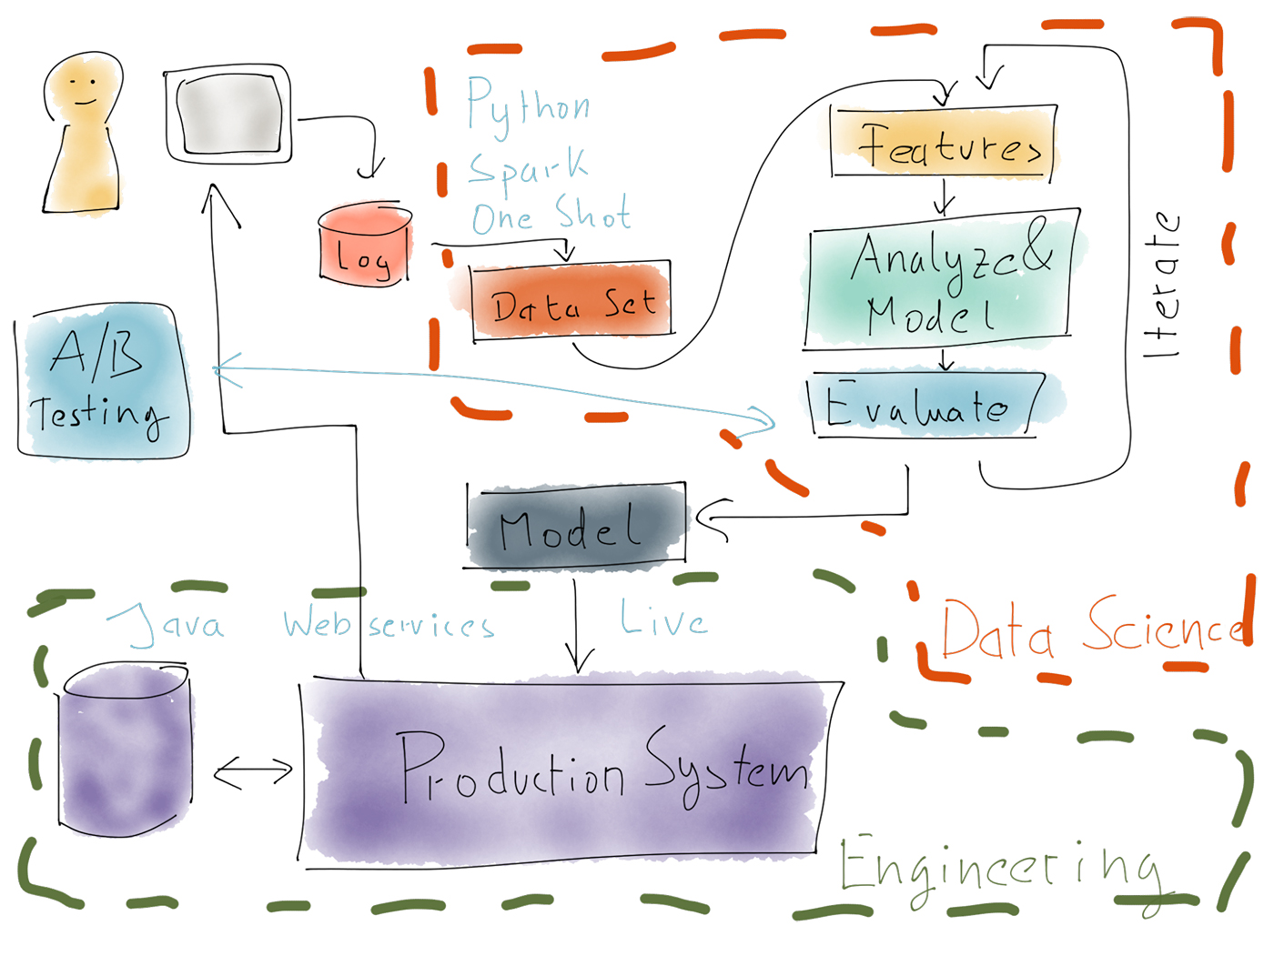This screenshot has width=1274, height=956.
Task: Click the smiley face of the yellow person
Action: pyautogui.click(x=85, y=89)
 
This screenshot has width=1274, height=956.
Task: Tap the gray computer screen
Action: pyautogui.click(x=229, y=115)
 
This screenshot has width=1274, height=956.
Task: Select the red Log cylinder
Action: pyautogui.click(x=365, y=247)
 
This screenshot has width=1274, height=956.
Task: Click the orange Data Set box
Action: pyautogui.click(x=571, y=303)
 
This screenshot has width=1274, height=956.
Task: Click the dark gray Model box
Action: pyautogui.click(x=574, y=528)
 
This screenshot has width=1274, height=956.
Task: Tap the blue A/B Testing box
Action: pyautogui.click(x=103, y=382)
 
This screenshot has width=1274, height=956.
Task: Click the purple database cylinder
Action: pyautogui.click(x=125, y=750)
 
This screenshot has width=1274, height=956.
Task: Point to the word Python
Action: pyautogui.click(x=528, y=107)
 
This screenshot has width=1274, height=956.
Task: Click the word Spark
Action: pyautogui.click(x=528, y=166)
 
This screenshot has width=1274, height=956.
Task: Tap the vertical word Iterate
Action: pyautogui.click(x=1163, y=284)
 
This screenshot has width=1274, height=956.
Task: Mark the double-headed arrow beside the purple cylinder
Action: pyautogui.click(x=253, y=772)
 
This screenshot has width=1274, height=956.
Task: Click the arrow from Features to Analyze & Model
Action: pyautogui.click(x=945, y=196)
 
